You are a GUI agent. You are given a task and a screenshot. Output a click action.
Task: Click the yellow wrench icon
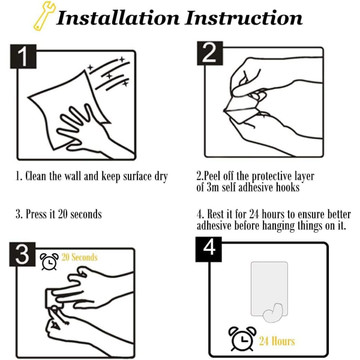[44, 15]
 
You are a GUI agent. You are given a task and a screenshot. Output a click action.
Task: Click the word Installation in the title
[118, 17]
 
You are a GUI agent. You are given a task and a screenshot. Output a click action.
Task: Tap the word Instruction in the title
[244, 17]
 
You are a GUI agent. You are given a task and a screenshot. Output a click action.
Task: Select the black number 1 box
[23, 56]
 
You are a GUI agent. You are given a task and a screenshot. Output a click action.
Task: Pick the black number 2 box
[210, 53]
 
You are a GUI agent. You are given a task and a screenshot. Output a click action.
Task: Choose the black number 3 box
[22, 254]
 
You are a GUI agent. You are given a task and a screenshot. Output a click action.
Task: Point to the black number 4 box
[209, 249]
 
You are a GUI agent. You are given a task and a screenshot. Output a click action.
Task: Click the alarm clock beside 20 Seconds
[49, 261]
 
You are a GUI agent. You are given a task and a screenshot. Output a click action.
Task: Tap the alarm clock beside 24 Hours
[242, 338]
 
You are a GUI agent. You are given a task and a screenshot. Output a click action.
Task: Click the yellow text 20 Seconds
[79, 257]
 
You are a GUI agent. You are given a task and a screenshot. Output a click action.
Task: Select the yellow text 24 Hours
[277, 341]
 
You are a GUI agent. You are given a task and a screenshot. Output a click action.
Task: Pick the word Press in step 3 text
[37, 214]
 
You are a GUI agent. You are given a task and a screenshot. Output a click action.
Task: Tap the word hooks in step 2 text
[288, 187]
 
